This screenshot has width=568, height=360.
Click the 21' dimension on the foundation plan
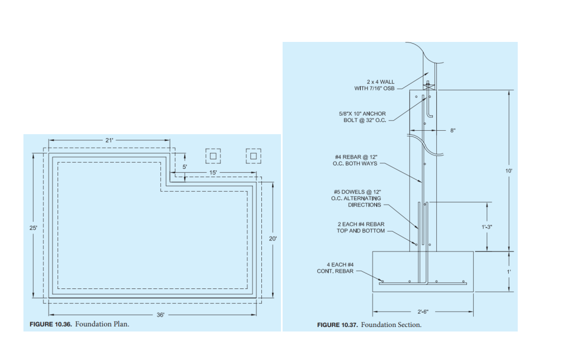[x=109, y=140]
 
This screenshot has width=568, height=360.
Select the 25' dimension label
[x=34, y=228]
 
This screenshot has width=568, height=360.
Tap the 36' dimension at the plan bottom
[x=161, y=315]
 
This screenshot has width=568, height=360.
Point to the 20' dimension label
[x=273, y=239]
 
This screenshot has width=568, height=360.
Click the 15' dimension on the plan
[x=213, y=173]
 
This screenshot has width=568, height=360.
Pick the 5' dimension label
[x=185, y=167]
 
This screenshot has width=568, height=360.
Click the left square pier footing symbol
[x=213, y=155]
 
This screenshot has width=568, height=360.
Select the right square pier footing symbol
[x=254, y=155]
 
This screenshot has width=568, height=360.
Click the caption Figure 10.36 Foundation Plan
[x=79, y=324]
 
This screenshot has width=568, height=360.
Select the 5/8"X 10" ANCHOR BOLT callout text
[x=363, y=117]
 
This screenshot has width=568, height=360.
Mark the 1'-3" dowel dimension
[x=487, y=227]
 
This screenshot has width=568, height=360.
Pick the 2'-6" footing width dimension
[x=422, y=311]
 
